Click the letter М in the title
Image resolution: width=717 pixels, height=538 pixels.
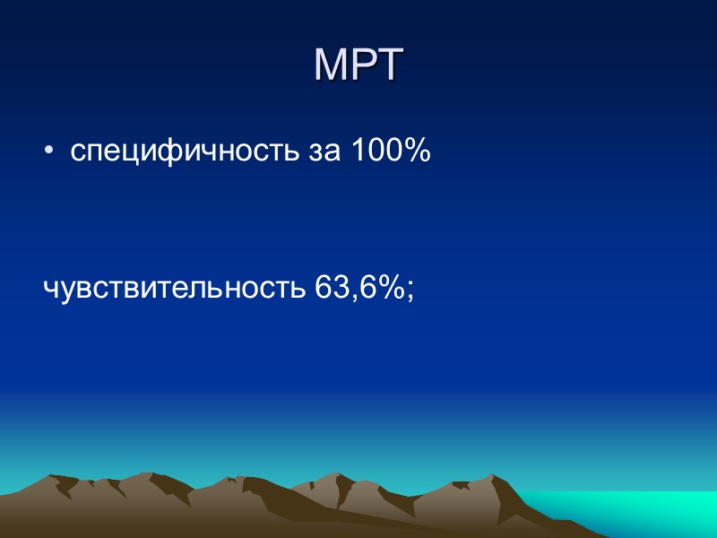point(331,65)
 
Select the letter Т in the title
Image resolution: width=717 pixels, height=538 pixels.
point(387,65)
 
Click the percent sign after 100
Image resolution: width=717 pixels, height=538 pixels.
point(417,152)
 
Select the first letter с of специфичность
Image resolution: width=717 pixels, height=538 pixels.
point(78,154)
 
